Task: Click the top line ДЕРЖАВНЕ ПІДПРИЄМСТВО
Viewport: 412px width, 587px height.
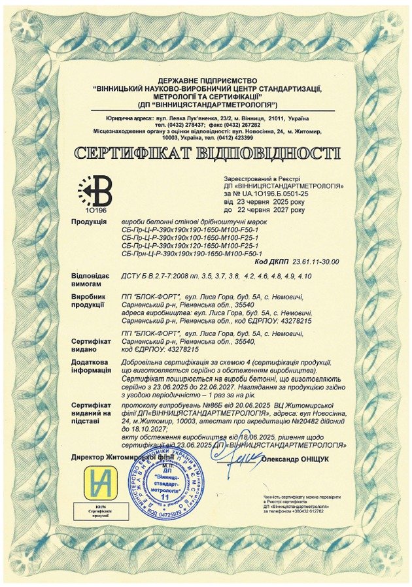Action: (206, 80)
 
